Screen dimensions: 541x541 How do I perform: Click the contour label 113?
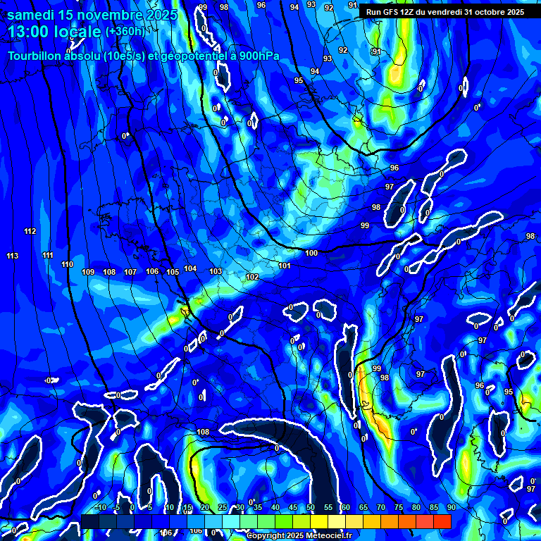(13, 256)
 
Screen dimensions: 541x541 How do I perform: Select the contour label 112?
(30, 232)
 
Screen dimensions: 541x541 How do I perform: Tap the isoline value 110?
(67, 264)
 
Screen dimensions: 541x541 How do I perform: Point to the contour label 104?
(190, 268)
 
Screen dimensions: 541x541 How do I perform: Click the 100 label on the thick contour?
(311, 253)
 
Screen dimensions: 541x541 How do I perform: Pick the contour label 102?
(252, 277)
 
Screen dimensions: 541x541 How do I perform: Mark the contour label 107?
(130, 272)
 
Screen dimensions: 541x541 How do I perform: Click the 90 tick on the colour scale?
(451, 507)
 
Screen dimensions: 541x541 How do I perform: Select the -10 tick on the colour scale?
(101, 507)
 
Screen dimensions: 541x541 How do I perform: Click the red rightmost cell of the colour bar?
(442, 521)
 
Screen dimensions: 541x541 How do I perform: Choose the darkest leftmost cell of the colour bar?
(89, 521)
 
